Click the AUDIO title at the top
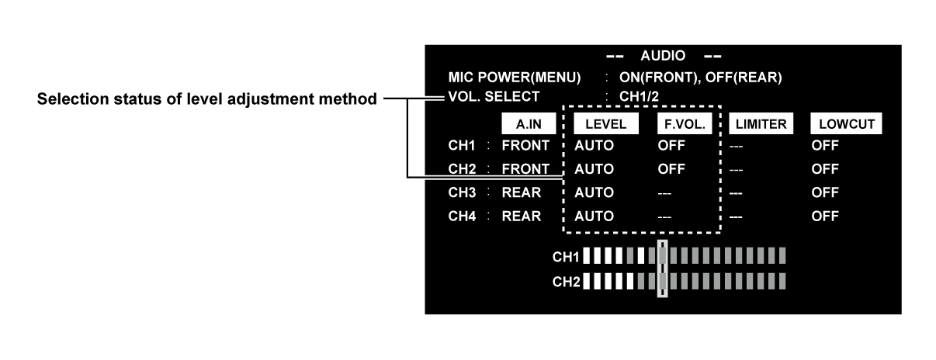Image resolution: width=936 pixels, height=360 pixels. pyautogui.click(x=662, y=57)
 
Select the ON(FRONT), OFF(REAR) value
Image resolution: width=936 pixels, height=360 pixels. pyautogui.click(x=699, y=78)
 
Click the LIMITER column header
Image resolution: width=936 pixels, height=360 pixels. pyautogui.click(x=761, y=124)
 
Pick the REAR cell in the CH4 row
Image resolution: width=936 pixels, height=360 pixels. pyautogui.click(x=522, y=216)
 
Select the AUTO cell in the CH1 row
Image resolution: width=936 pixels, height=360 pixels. pyautogui.click(x=595, y=144)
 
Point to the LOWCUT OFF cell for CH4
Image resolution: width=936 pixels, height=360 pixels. pyautogui.click(x=824, y=216)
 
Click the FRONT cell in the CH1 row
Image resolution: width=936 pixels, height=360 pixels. pyautogui.click(x=525, y=144)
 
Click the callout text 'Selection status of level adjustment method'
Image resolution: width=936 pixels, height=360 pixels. pyautogui.click(x=206, y=99)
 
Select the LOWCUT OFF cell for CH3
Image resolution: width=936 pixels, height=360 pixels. pyautogui.click(x=824, y=192)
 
